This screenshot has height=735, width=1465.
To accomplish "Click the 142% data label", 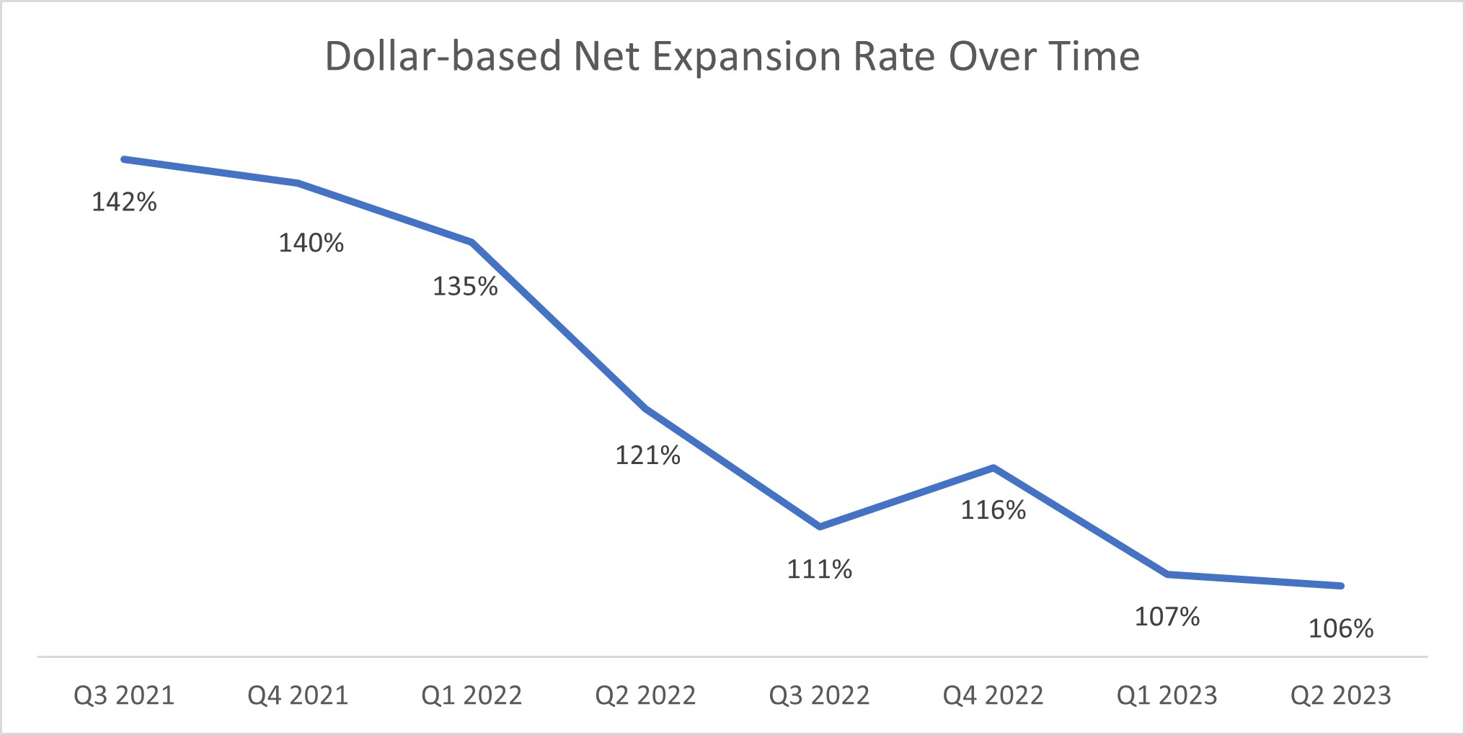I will pyautogui.click(x=124, y=202).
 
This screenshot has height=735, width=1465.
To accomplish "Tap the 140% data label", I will pyautogui.click(x=311, y=244).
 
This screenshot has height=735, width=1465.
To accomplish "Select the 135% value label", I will pyautogui.click(x=465, y=287).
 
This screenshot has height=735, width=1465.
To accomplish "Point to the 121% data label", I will pyautogui.click(x=647, y=455).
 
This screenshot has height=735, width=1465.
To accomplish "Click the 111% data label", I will pyautogui.click(x=819, y=570).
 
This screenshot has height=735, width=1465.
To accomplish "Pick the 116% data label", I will pyautogui.click(x=993, y=511).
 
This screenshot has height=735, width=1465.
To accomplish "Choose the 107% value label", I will pyautogui.click(x=1167, y=617).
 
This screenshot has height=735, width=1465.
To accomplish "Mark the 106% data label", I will pyautogui.click(x=1340, y=629).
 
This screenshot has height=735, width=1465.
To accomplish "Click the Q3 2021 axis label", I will pyautogui.click(x=124, y=695).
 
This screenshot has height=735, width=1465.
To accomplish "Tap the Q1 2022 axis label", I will pyautogui.click(x=472, y=695).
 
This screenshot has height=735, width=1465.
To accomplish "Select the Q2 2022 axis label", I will pyautogui.click(x=645, y=695).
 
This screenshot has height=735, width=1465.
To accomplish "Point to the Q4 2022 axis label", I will pyautogui.click(x=993, y=695).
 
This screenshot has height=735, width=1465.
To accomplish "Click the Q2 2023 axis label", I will pyautogui.click(x=1340, y=695).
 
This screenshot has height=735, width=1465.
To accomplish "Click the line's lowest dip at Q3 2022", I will pyautogui.click(x=820, y=527).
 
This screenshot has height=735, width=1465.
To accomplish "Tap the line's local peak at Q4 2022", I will pyautogui.click(x=993, y=468).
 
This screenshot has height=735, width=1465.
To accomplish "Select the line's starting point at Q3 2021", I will pyautogui.click(x=125, y=159).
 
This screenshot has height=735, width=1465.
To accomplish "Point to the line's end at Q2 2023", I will pyautogui.click(x=1340, y=586).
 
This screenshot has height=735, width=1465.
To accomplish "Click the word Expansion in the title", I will pyautogui.click(x=746, y=57).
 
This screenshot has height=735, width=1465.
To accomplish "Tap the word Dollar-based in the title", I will pyautogui.click(x=443, y=57).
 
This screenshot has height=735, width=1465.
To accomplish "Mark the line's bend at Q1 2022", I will pyautogui.click(x=472, y=242).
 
